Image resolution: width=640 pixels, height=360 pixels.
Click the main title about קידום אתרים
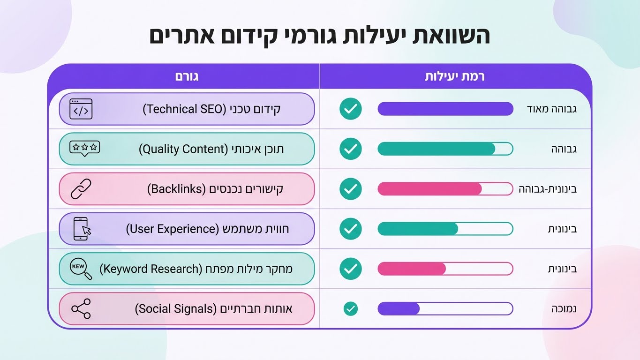click(320, 36)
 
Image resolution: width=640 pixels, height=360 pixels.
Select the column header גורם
click(187, 76)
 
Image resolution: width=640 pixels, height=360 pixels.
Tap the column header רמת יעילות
click(454, 76)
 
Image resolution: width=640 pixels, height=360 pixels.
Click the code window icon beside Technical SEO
click(81, 109)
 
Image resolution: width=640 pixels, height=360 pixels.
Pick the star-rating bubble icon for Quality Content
click(84, 149)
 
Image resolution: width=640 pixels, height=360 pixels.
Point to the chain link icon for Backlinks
click(81, 189)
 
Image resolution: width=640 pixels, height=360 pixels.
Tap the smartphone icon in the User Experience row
click(81, 229)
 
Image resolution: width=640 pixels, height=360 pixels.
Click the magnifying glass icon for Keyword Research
click(81, 269)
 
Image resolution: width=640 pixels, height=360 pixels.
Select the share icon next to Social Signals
click(81, 308)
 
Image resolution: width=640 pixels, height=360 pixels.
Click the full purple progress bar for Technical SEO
click(445, 109)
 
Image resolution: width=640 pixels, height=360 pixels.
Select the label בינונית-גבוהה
click(547, 189)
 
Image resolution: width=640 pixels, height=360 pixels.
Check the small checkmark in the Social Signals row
click(350, 308)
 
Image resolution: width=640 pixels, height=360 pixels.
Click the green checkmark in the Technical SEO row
click(351, 109)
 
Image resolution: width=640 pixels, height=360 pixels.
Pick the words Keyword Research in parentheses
click(150, 269)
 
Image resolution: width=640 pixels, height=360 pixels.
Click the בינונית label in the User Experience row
click(562, 229)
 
